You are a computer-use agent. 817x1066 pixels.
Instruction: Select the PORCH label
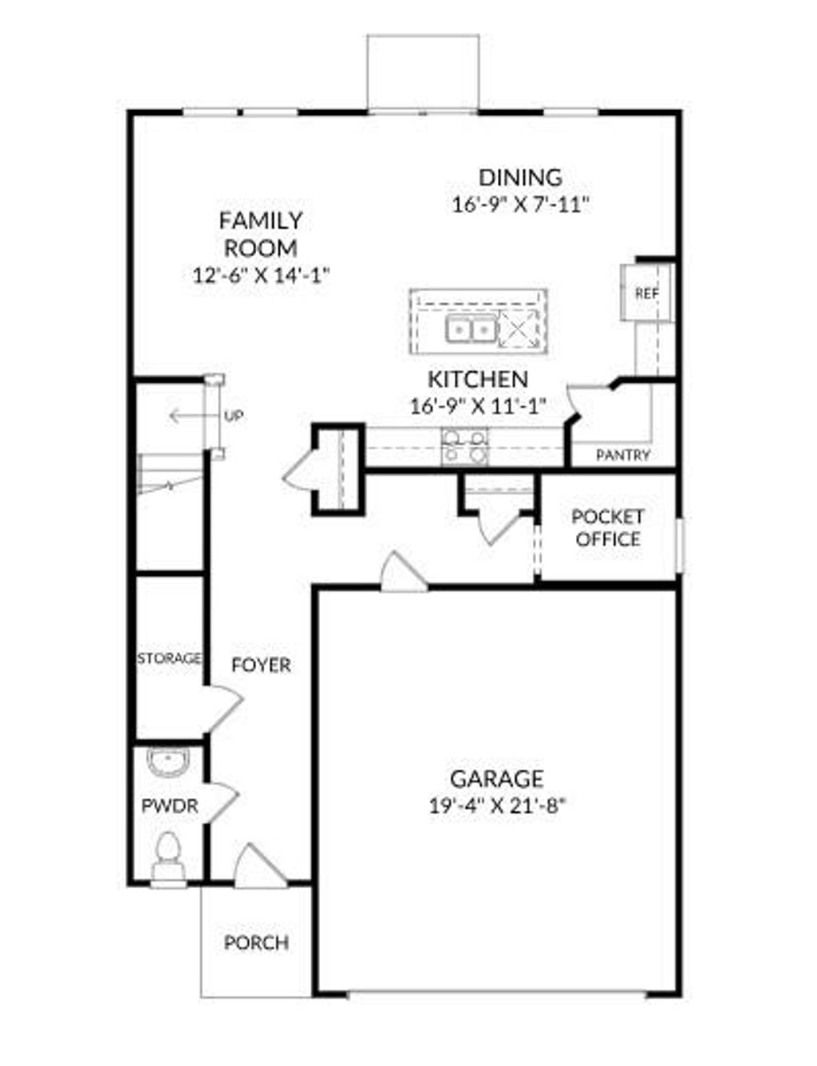pyautogui.click(x=256, y=943)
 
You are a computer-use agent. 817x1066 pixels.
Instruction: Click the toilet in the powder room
pyautogui.click(x=168, y=852)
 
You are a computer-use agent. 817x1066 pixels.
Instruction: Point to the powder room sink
pyautogui.click(x=168, y=764)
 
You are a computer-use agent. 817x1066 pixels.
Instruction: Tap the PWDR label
pyautogui.click(x=169, y=806)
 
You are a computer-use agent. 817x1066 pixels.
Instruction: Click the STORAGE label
pyautogui.click(x=169, y=659)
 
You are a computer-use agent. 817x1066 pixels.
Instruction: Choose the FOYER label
pyautogui.click(x=261, y=665)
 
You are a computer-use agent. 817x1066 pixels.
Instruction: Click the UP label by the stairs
pyautogui.click(x=233, y=416)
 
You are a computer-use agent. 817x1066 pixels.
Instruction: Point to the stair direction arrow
pyautogui.click(x=184, y=416)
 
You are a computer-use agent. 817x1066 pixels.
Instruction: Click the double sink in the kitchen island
pyautogui.click(x=470, y=328)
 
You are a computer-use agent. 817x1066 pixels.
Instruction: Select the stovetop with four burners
pyautogui.click(x=465, y=445)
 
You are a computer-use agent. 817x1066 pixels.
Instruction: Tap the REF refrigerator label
pyautogui.click(x=647, y=294)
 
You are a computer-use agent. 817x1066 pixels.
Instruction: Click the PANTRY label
pyautogui.click(x=623, y=456)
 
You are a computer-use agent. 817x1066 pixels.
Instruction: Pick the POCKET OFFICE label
pyautogui.click(x=607, y=528)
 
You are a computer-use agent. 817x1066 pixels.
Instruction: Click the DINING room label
pyautogui.click(x=519, y=177)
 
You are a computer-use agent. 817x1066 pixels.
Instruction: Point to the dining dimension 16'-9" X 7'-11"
pyautogui.click(x=520, y=205)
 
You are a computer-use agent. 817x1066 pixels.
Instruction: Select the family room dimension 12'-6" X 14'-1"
pyautogui.click(x=262, y=275)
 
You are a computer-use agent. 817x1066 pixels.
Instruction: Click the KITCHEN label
pyautogui.click(x=477, y=379)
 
